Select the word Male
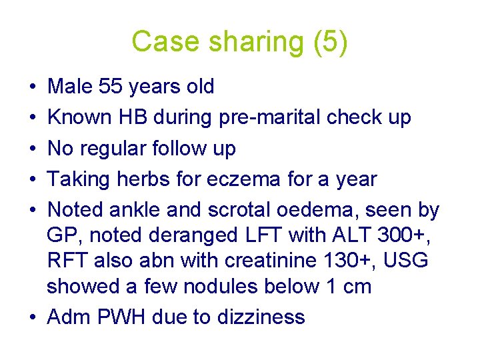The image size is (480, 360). click(71, 87)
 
